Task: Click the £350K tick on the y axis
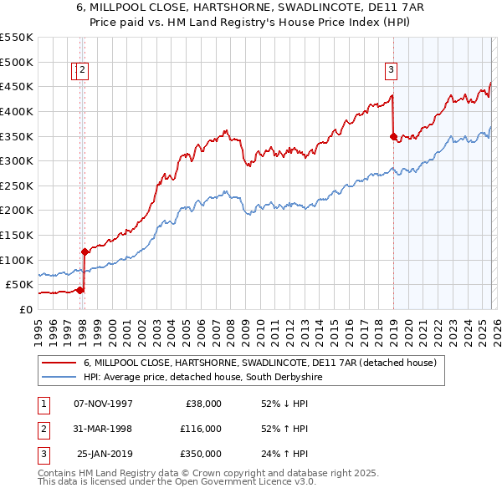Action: point(17,136)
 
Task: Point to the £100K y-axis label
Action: point(17,260)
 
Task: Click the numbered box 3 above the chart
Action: point(391,71)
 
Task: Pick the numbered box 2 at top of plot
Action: point(84,71)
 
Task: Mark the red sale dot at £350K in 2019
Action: point(393,136)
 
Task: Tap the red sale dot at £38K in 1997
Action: point(80,290)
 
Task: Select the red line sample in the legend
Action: point(59,363)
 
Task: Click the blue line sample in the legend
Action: point(59,378)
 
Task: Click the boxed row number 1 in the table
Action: point(43,404)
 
